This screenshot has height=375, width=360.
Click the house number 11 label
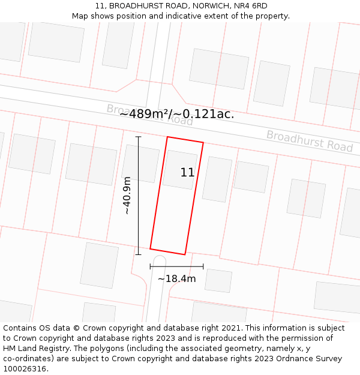[x=187, y=173]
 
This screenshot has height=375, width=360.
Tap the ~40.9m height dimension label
[x=127, y=196]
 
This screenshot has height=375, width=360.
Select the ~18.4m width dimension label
[x=176, y=278]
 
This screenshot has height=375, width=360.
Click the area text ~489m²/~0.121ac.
[x=176, y=114]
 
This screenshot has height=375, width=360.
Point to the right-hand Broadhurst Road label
[x=310, y=141]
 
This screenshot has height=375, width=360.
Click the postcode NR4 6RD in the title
[x=251, y=6]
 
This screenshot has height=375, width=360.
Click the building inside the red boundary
[x=179, y=170]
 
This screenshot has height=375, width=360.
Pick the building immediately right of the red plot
[x=217, y=179]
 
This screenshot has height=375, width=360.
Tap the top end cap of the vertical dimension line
[x=138, y=137]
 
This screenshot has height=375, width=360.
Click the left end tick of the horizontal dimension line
[x=150, y=266]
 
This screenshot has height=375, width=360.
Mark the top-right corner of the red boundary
[x=203, y=143]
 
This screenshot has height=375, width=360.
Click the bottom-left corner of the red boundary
[x=150, y=248]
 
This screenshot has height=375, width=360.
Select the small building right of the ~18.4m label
[x=218, y=281]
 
